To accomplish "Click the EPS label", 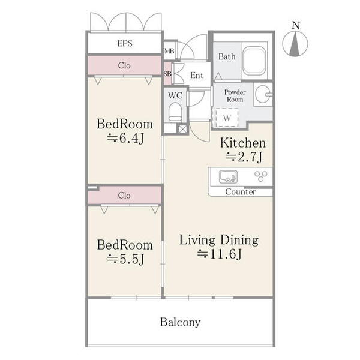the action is coord(125,43).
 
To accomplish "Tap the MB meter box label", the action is coord(169,51).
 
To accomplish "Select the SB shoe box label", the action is coord(167,74).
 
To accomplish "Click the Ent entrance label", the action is coord(197,75).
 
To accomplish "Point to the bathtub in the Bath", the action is coord(254,61).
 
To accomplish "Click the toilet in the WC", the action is coord(175,113).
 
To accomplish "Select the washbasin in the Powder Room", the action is coord(263,94).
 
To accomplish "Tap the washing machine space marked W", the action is coord(227,118).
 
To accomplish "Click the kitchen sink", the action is coord(228,177).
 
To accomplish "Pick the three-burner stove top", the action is coord(261,176).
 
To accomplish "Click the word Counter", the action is coord(241,192).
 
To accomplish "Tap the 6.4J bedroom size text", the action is coord(125,138).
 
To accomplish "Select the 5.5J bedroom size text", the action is coord(125,259).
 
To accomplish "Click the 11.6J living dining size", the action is coord(219,254).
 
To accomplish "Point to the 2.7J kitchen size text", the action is coord(244,157).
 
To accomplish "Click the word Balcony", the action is coord(180,322).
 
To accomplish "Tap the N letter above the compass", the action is coord(296,25).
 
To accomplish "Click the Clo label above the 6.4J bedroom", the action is coord(124,65).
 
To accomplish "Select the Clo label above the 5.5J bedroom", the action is coord(124,196).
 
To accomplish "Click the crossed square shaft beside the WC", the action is coord(183,129).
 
